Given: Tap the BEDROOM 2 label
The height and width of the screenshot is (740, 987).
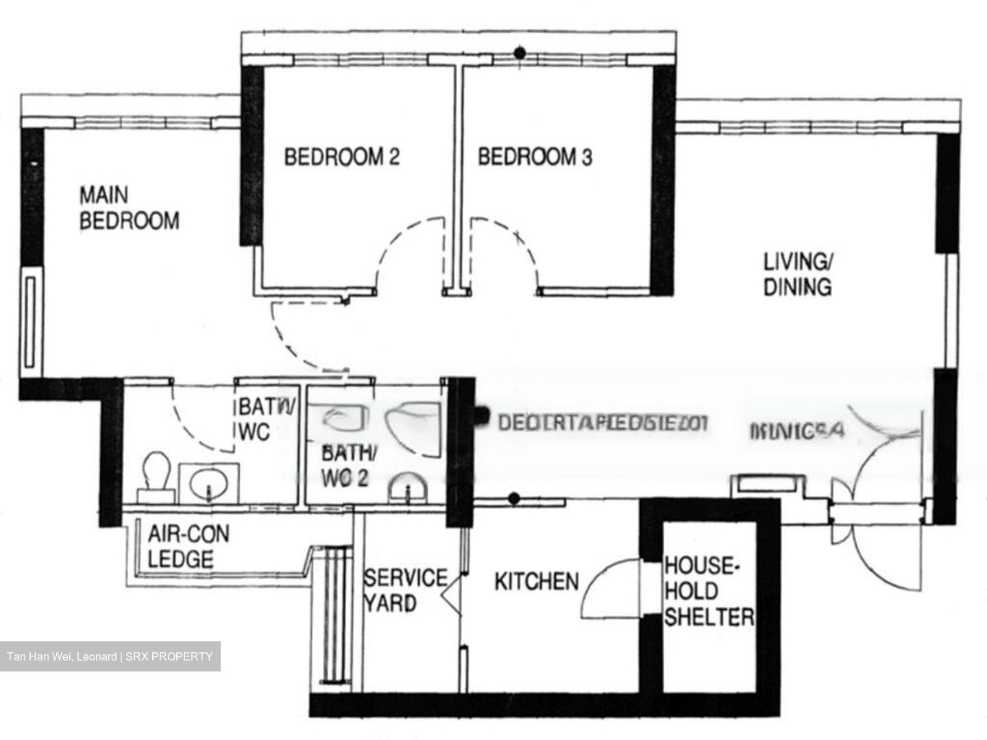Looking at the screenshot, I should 341,157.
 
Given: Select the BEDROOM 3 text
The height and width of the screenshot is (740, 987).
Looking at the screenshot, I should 535,157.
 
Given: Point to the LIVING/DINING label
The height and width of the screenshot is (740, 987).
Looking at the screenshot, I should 798,274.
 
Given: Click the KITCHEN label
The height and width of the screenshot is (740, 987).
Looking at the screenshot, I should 536,582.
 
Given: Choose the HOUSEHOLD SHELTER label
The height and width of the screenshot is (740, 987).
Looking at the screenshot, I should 709,591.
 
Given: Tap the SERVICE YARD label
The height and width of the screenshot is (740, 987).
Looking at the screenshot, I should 404,590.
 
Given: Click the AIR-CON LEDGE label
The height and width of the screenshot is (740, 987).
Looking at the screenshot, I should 188,546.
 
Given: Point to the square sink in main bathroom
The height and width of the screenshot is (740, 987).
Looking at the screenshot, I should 208,482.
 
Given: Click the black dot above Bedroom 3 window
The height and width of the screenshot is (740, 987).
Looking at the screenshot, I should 520,53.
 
